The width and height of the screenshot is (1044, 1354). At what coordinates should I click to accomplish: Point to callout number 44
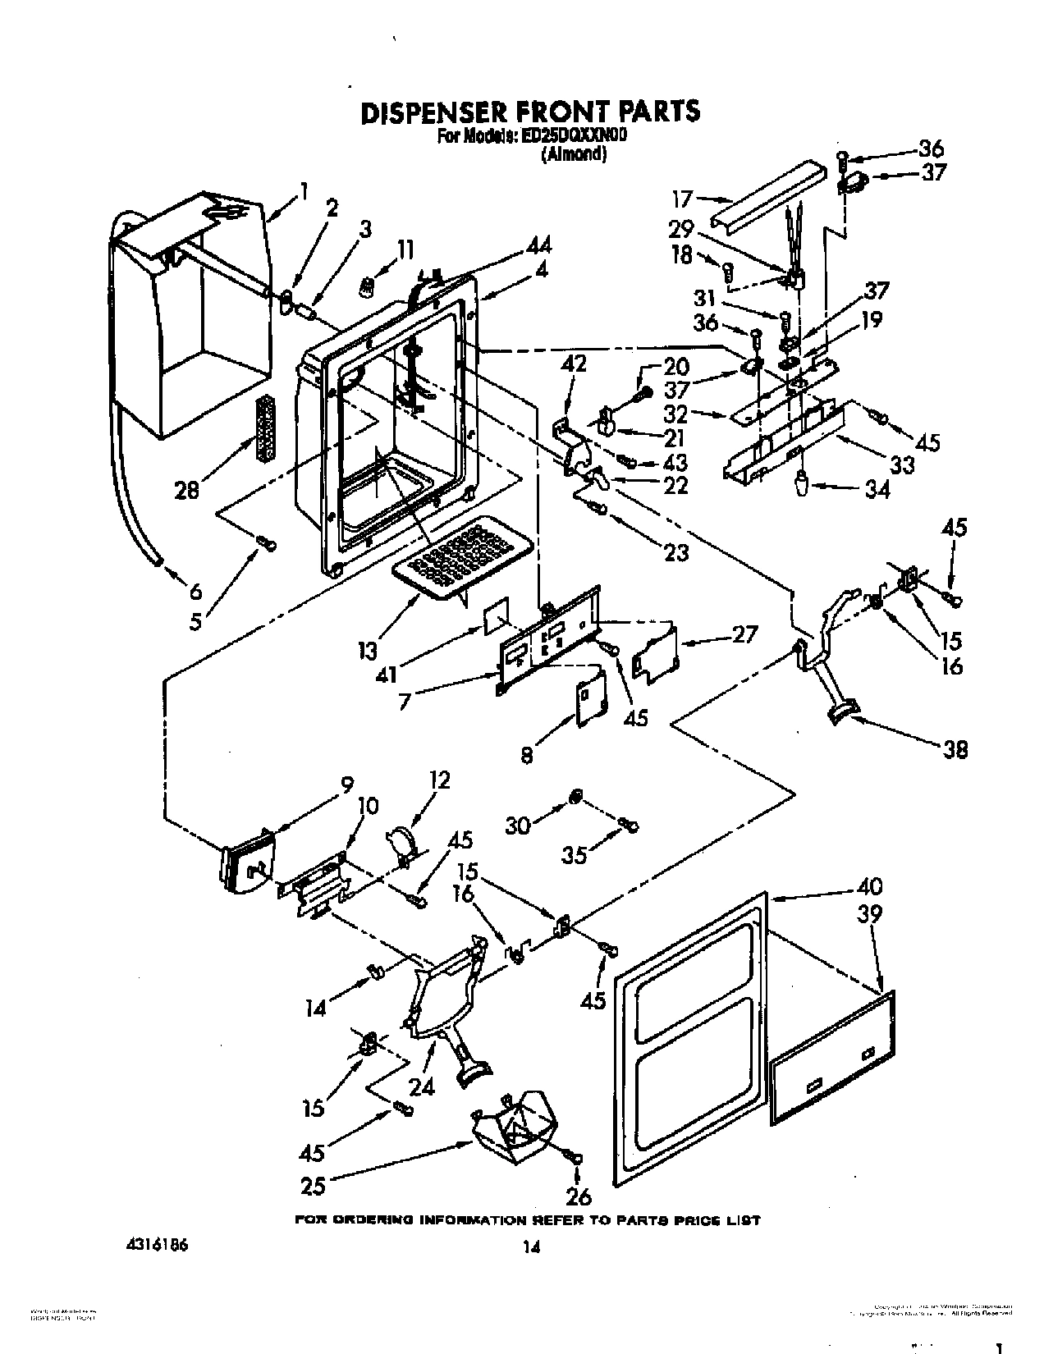click(x=538, y=245)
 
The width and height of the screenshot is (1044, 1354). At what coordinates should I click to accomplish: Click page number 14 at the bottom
click(x=531, y=1247)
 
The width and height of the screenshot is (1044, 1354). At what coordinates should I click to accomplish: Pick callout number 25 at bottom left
click(x=314, y=1185)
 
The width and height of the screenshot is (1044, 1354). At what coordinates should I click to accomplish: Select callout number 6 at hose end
click(x=194, y=592)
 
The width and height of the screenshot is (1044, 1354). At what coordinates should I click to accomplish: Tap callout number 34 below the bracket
click(x=877, y=490)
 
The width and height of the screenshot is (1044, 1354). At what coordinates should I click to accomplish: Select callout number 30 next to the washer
click(x=517, y=826)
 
